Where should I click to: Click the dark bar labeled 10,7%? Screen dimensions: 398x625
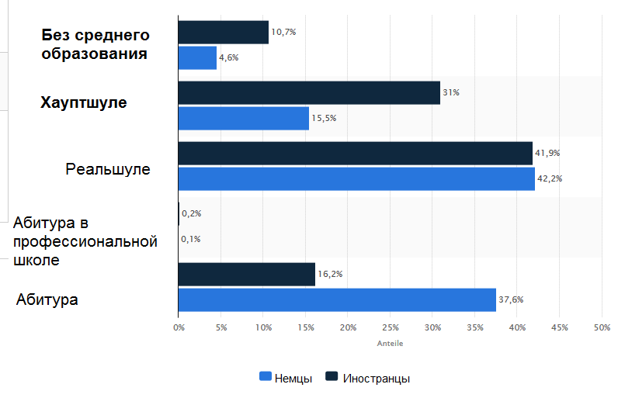point(224,33)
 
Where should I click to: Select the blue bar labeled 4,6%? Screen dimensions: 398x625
point(197,58)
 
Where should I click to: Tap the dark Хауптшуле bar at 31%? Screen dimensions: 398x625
point(309,93)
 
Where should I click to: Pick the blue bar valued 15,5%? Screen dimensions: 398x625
point(244,118)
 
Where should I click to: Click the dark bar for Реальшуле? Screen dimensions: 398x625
point(356,153)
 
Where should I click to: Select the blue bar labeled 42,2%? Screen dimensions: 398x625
point(356,178)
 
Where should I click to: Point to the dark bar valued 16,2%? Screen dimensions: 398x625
point(247,274)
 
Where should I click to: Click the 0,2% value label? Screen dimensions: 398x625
point(191,213)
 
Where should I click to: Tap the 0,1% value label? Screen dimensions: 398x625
point(191,239)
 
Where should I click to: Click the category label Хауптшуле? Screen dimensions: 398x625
point(84,102)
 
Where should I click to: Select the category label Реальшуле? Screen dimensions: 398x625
point(108,168)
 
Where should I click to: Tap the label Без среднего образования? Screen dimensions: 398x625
point(95,45)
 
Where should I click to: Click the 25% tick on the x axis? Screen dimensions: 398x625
point(391,327)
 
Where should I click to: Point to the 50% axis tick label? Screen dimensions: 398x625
point(602,327)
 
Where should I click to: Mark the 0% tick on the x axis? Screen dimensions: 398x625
point(179,327)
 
